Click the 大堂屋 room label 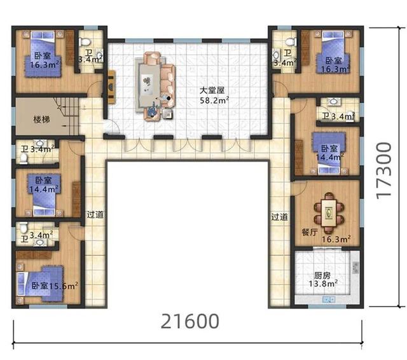click(x=212, y=90)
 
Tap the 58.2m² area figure click(x=214, y=100)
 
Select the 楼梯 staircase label click(x=41, y=120)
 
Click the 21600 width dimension click(x=190, y=321)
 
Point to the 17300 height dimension click(x=383, y=171)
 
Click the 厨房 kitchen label click(x=322, y=275)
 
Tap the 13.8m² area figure click(x=323, y=284)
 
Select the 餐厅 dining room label click(x=310, y=232)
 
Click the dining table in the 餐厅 click(x=329, y=212)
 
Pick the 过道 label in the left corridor click(x=95, y=215)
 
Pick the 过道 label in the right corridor click(x=280, y=217)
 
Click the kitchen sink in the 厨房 click(x=329, y=300)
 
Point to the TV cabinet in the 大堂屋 click(x=112, y=87)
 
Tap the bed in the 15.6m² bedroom click(x=40, y=284)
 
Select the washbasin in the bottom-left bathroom click(x=39, y=242)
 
